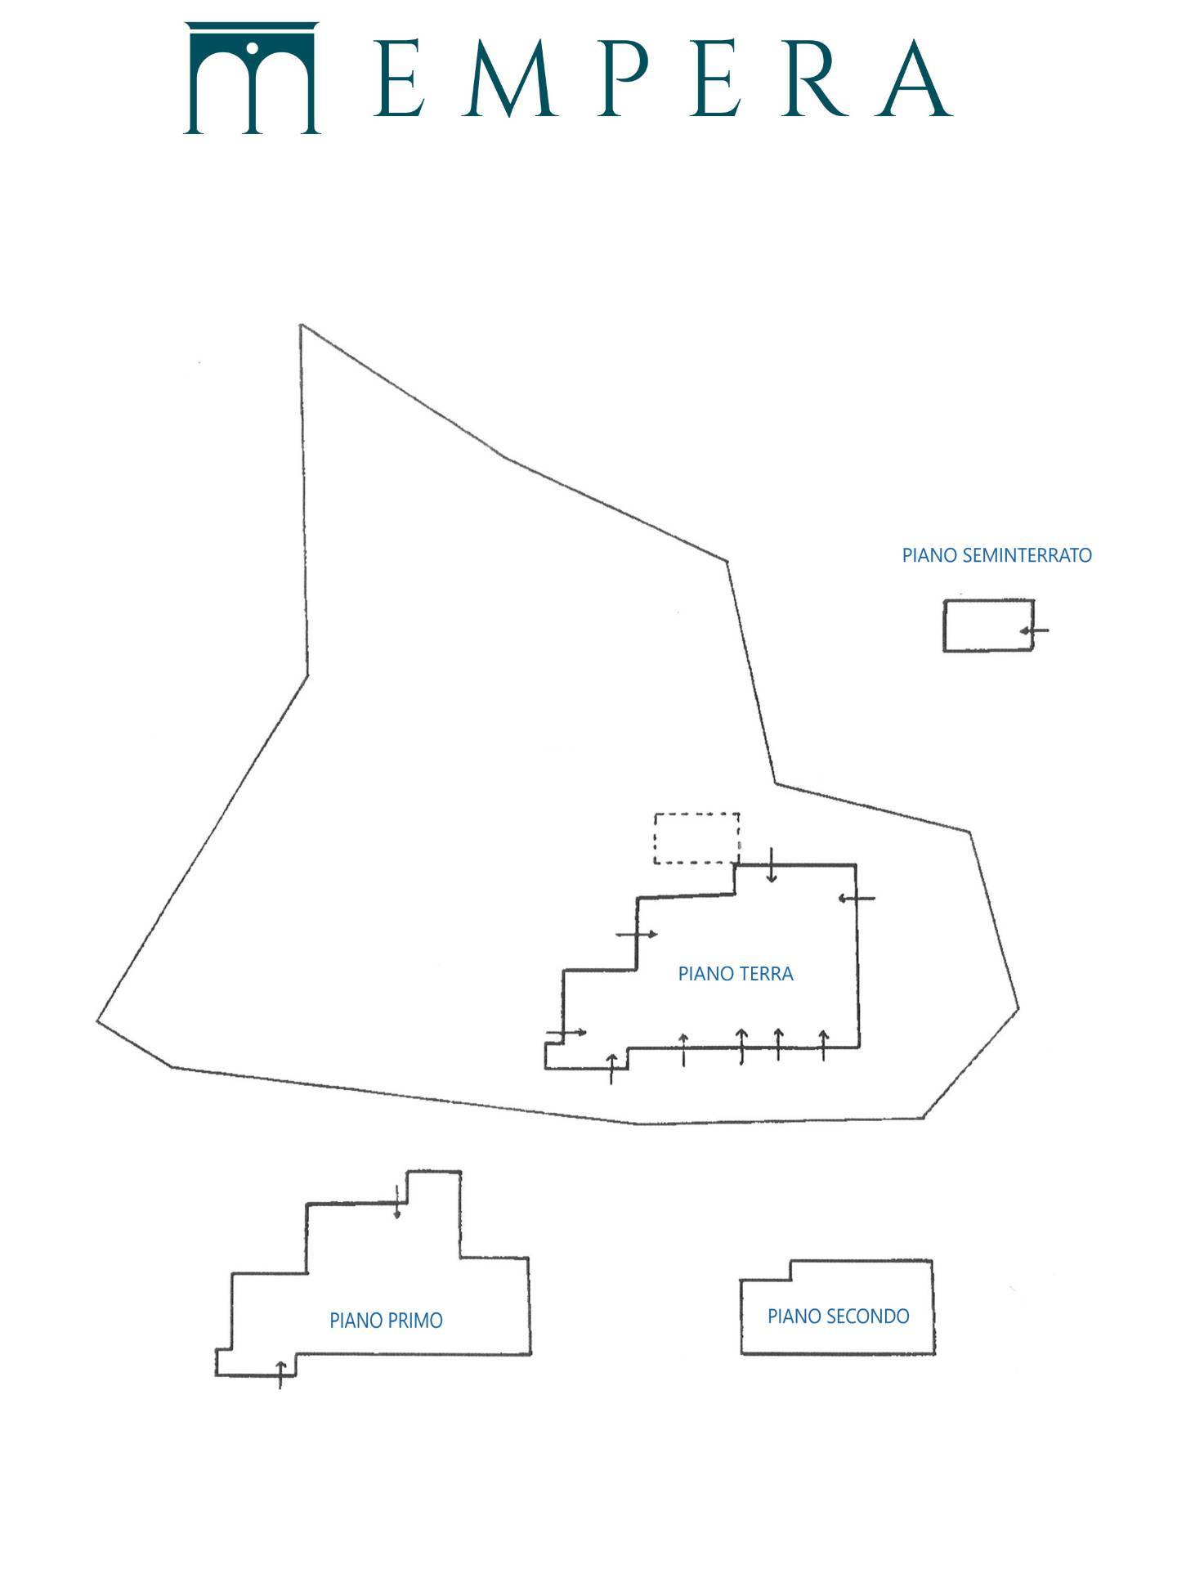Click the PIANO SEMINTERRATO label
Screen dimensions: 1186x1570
(x=996, y=555)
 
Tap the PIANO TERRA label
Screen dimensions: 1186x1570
(x=736, y=974)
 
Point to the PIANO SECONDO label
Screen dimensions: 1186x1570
(x=838, y=1317)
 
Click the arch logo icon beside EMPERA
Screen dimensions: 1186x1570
(x=252, y=78)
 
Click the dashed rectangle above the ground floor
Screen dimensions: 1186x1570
(x=696, y=814)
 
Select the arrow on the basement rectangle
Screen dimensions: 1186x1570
(x=1034, y=630)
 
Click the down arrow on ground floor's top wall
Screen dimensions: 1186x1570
(x=772, y=865)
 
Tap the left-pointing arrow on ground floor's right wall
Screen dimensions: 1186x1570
(x=857, y=899)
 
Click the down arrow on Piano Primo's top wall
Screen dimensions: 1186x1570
(x=397, y=1201)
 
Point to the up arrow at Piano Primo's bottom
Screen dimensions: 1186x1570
(x=281, y=1375)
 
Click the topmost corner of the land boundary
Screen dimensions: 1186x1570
(x=302, y=325)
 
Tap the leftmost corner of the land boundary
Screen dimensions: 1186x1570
(x=97, y=1020)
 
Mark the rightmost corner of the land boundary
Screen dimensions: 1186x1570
(x=1018, y=1008)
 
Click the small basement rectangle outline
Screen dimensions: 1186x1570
(x=944, y=626)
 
